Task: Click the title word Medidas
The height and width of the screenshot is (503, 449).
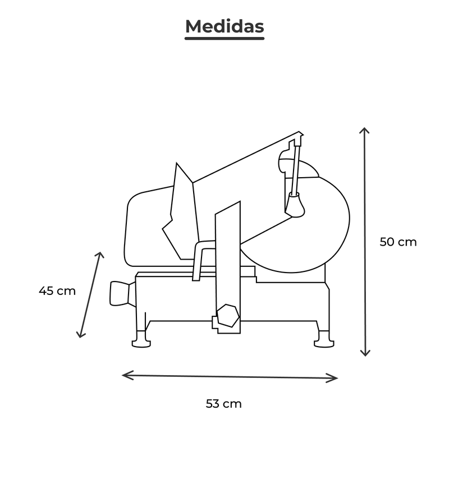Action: click(224, 26)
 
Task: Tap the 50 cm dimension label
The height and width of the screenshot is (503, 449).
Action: click(398, 242)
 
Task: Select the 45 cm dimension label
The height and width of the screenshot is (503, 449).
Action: click(57, 291)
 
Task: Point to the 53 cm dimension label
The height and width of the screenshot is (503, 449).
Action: click(223, 404)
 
